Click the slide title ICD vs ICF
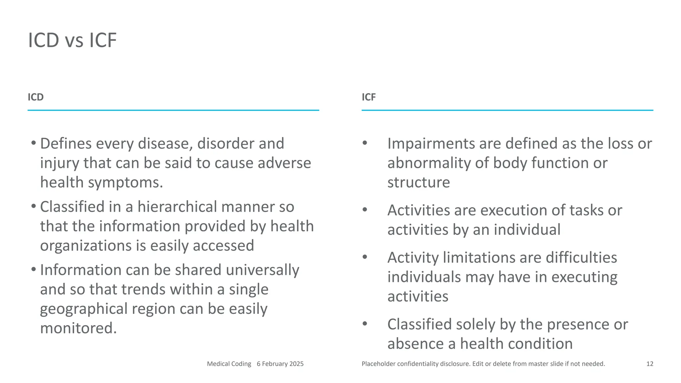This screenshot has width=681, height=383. click(x=72, y=40)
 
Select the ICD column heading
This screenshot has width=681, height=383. click(x=36, y=97)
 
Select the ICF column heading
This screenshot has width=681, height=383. click(x=368, y=97)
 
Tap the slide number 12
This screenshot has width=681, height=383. click(x=650, y=364)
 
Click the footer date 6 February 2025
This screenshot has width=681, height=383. click(x=280, y=364)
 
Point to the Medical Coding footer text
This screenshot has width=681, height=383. click(x=229, y=364)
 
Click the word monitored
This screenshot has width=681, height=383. click(x=78, y=328)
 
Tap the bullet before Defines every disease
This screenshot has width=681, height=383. click(x=34, y=143)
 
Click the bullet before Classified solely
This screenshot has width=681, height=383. click(x=365, y=323)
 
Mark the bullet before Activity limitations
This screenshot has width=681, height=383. click(x=365, y=257)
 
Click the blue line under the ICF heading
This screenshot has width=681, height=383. click(x=507, y=110)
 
